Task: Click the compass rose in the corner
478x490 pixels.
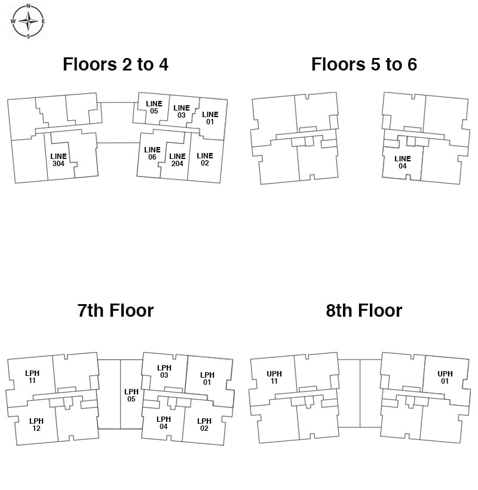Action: pos(28,21)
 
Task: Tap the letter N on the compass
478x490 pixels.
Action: pos(29,6)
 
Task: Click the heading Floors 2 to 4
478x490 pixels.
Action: pos(115,65)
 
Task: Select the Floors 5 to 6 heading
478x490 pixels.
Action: pos(364,65)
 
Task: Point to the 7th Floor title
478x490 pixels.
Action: pos(115,310)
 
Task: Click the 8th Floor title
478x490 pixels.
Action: pos(364,310)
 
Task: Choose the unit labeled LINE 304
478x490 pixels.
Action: pos(59,160)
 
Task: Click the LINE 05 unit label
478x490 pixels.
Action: pos(154,107)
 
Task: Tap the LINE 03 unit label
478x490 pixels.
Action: pos(182,111)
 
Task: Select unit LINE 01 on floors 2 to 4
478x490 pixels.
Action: pos(210,118)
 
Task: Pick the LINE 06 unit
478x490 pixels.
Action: pos(152,153)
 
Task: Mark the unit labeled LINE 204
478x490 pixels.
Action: pos(177,160)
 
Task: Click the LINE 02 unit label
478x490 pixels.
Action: pos(205,159)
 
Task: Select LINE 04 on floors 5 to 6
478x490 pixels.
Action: pos(403,162)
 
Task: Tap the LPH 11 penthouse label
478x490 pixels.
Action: pos(32,376)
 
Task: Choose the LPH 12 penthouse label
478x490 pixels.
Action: pos(36,424)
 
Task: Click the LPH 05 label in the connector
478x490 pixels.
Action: pos(131,395)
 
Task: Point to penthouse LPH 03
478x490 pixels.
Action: pos(164,371)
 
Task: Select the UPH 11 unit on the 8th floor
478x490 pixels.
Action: pos(274,377)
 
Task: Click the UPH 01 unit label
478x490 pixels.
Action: pos(445,377)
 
